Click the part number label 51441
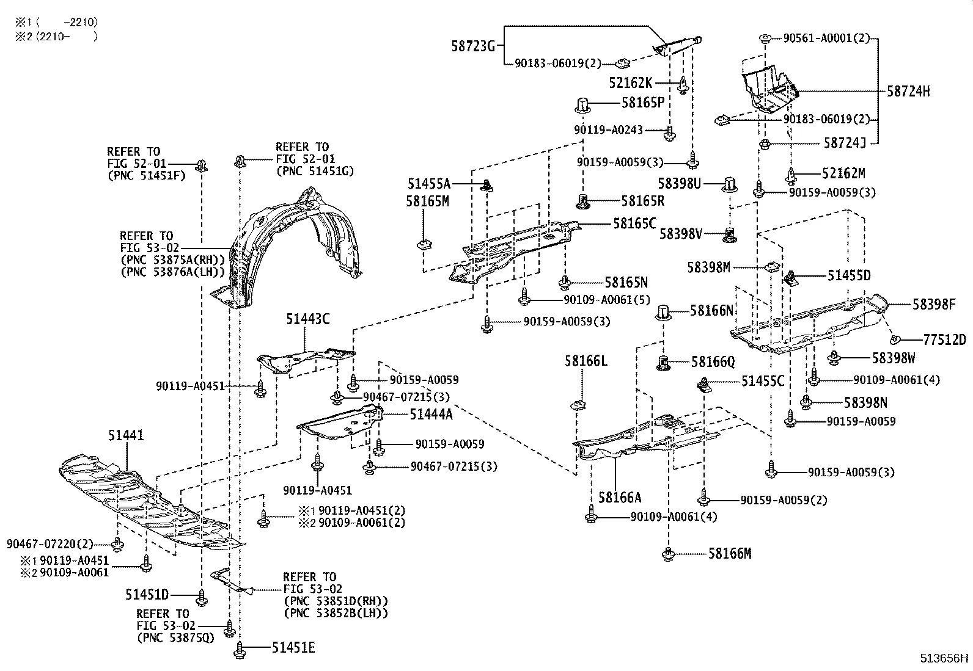(126, 435)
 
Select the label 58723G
(473, 45)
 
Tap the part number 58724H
(908, 92)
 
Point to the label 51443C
(307, 318)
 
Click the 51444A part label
(431, 415)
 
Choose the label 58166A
(620, 498)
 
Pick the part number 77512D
(944, 340)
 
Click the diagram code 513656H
(945, 658)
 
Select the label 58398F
(934, 304)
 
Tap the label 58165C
(634, 223)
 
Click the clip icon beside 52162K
(684, 84)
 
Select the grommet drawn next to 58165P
(582, 105)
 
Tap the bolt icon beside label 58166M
(669, 554)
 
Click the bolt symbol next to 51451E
(239, 649)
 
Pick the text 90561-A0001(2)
(826, 38)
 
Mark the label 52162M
(843, 173)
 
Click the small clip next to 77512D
(895, 339)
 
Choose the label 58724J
(845, 143)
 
